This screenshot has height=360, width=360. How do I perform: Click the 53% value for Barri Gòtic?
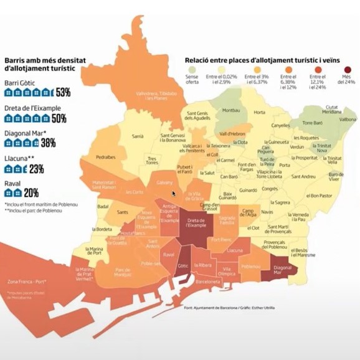tap(62, 93)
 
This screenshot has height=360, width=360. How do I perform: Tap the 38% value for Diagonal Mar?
tap(47, 143)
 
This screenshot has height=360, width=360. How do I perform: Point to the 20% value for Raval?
tap(31, 192)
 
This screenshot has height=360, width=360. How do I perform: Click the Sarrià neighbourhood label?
tap(138, 135)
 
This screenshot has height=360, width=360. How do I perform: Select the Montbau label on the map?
tap(230, 110)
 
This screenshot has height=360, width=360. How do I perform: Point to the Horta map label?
tap(259, 112)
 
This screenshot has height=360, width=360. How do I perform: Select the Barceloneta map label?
tap(208, 282)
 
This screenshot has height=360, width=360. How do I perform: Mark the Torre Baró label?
tap(313, 123)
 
